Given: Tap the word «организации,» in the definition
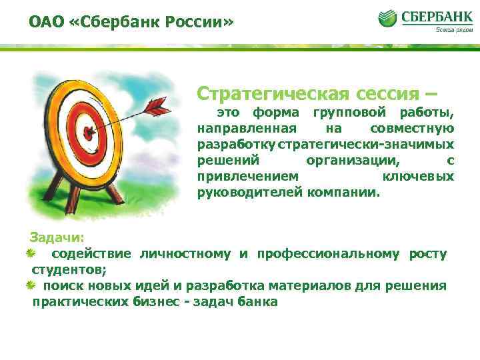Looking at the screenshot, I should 353,161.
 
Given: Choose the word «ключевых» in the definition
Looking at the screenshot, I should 419,177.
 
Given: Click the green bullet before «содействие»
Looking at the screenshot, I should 31,253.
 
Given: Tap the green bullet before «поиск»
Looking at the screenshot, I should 31,285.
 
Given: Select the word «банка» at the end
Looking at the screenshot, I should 261,301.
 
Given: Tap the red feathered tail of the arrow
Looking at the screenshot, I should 158,104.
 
